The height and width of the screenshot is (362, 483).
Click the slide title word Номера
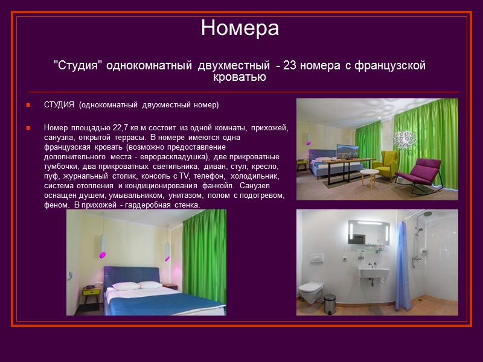[240, 28]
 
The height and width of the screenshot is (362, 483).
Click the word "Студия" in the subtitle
[78, 66]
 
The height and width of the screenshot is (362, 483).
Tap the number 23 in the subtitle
[289, 66]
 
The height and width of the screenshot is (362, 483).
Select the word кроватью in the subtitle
[240, 77]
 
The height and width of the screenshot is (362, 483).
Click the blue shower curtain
[403, 271]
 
